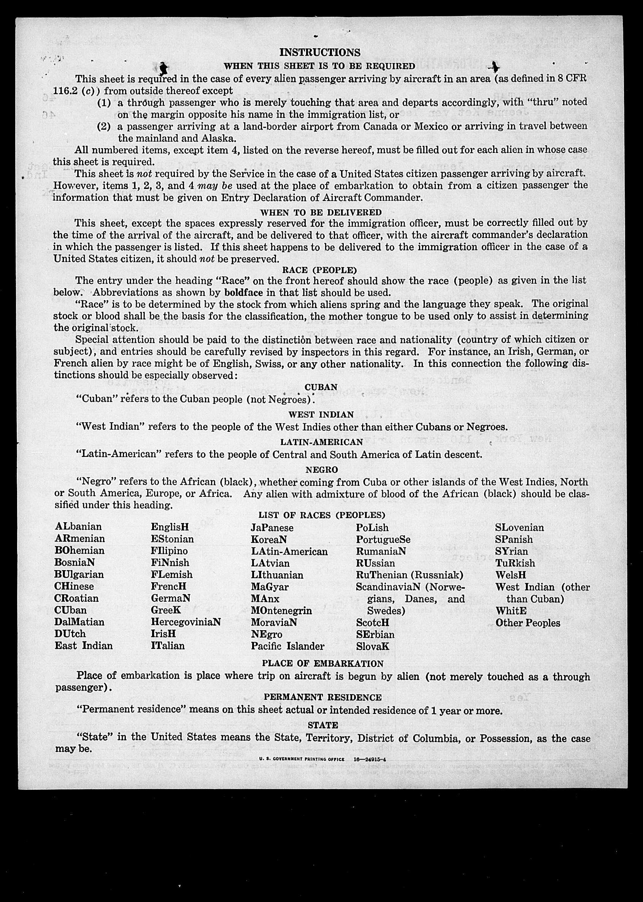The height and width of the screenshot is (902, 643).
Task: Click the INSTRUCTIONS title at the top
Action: pyautogui.click(x=320, y=52)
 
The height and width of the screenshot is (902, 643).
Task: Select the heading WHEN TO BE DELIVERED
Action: pyautogui.click(x=321, y=212)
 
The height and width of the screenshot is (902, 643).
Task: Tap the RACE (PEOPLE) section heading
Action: pyautogui.click(x=319, y=270)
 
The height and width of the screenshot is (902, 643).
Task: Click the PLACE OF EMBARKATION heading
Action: pyautogui.click(x=323, y=663)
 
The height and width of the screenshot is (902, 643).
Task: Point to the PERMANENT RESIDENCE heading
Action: pyautogui.click(x=323, y=697)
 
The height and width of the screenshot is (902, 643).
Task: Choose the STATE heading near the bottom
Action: pyautogui.click(x=323, y=725)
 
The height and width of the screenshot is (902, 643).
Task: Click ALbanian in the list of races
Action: pyautogui.click(x=78, y=526)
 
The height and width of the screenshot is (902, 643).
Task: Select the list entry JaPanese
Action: pyautogui.click(x=272, y=528)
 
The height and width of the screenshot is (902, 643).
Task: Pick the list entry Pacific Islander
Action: pyautogui.click(x=287, y=646)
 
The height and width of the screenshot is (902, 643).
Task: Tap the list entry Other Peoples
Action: pyautogui.click(x=528, y=623)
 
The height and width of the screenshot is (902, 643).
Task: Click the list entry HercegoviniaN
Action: pyautogui.click(x=186, y=622)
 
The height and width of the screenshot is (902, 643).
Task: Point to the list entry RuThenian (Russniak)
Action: pyautogui.click(x=410, y=575)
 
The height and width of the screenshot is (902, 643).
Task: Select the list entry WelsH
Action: pyautogui.click(x=510, y=575)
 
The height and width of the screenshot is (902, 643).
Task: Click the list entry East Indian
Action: pyautogui.click(x=84, y=645)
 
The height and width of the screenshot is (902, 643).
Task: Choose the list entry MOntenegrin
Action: pyautogui.click(x=281, y=610)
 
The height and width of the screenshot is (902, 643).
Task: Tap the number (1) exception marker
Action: pyautogui.click(x=104, y=103)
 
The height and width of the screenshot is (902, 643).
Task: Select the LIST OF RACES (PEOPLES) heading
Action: pyautogui.click(x=322, y=515)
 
